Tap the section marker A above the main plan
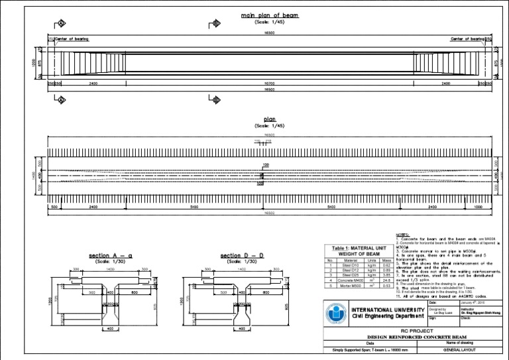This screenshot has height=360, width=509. tap(62, 24)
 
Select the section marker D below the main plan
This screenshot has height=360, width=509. tap(216, 100)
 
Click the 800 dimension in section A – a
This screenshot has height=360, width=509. tap(134, 292)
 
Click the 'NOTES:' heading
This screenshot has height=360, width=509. tap(403, 235)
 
